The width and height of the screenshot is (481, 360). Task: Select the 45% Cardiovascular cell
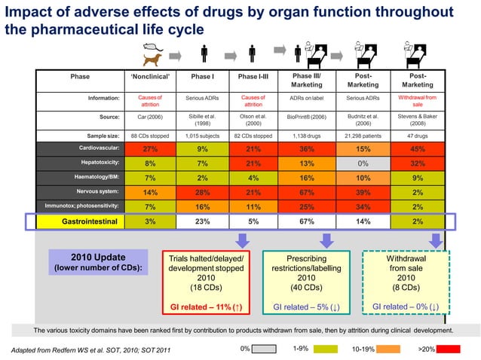[418, 149]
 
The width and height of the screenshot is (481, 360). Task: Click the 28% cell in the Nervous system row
[202, 192]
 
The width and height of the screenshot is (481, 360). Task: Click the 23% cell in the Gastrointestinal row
[202, 221]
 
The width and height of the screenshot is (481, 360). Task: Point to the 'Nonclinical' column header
[150, 76]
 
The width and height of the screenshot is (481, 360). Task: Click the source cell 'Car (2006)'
[150, 117]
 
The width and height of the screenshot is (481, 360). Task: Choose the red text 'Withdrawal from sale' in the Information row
[418, 102]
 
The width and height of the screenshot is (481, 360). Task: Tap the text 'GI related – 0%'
[405, 307]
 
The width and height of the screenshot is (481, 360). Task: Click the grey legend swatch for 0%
[264, 349]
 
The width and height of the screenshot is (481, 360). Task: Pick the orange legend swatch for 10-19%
[388, 349]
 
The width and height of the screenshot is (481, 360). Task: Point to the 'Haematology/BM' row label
[95, 178]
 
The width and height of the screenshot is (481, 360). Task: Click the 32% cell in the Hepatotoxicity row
[418, 163]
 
